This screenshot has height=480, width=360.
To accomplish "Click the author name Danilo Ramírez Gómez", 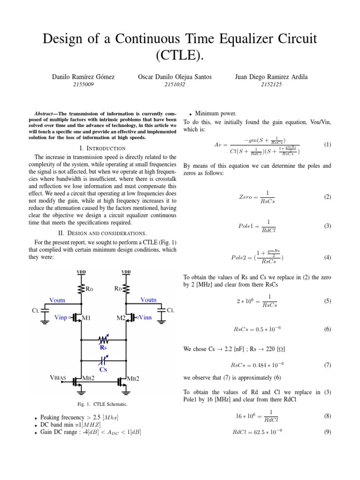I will pos(83,76).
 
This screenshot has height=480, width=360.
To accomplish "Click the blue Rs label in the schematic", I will pos(103,348).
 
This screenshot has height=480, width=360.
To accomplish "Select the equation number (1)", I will pos(328,145).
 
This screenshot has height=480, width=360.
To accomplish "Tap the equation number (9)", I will pos(328,432).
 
